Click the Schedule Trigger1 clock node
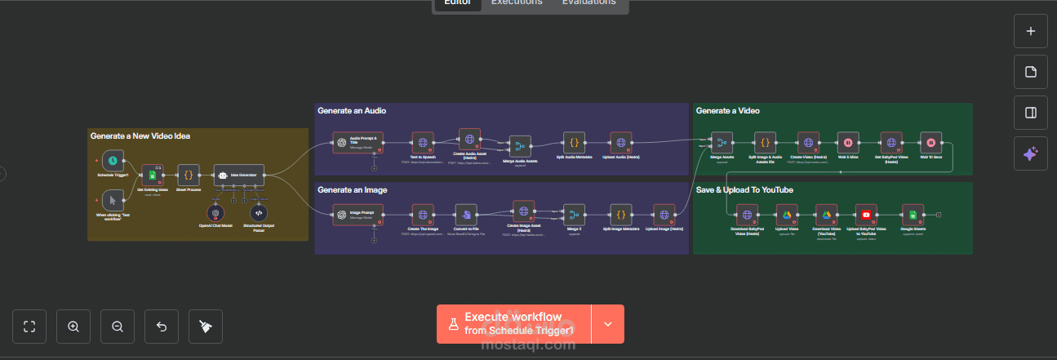click(x=113, y=160)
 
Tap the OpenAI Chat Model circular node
click(x=215, y=212)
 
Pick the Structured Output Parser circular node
click(x=259, y=212)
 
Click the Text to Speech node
click(x=423, y=143)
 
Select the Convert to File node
click(x=466, y=215)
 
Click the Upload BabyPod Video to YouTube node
click(x=866, y=215)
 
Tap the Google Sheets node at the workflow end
click(x=913, y=215)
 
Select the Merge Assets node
click(x=722, y=142)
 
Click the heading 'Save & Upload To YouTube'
click(x=744, y=190)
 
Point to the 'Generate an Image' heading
click(x=352, y=189)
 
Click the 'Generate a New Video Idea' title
click(x=140, y=136)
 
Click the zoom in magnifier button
click(x=73, y=327)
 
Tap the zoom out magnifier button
click(x=118, y=327)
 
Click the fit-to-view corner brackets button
click(x=30, y=327)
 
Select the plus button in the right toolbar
click(x=1030, y=32)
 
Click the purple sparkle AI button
click(x=1030, y=153)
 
